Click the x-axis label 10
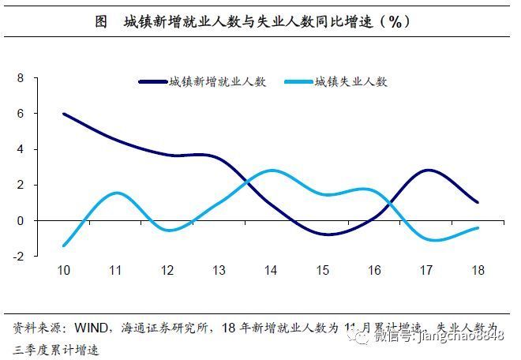63,271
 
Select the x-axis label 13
219,271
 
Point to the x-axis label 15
323,271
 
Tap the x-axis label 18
478,271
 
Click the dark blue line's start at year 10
63,114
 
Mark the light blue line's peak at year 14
271,171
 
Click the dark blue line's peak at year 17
427,171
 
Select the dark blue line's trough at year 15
324,234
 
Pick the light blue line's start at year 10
63,246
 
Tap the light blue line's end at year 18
478,228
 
